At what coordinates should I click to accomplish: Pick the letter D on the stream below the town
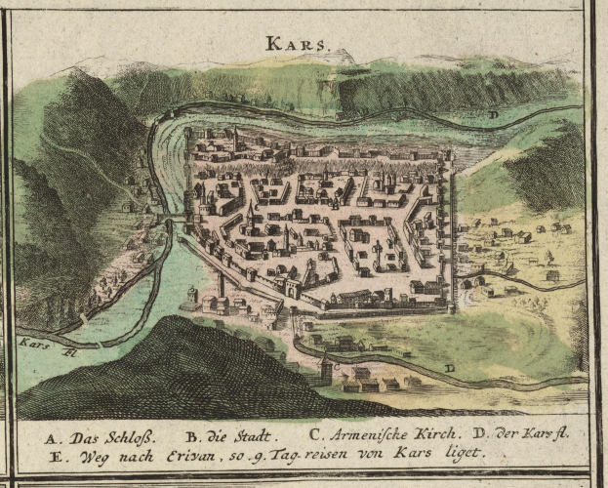point(448,368)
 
